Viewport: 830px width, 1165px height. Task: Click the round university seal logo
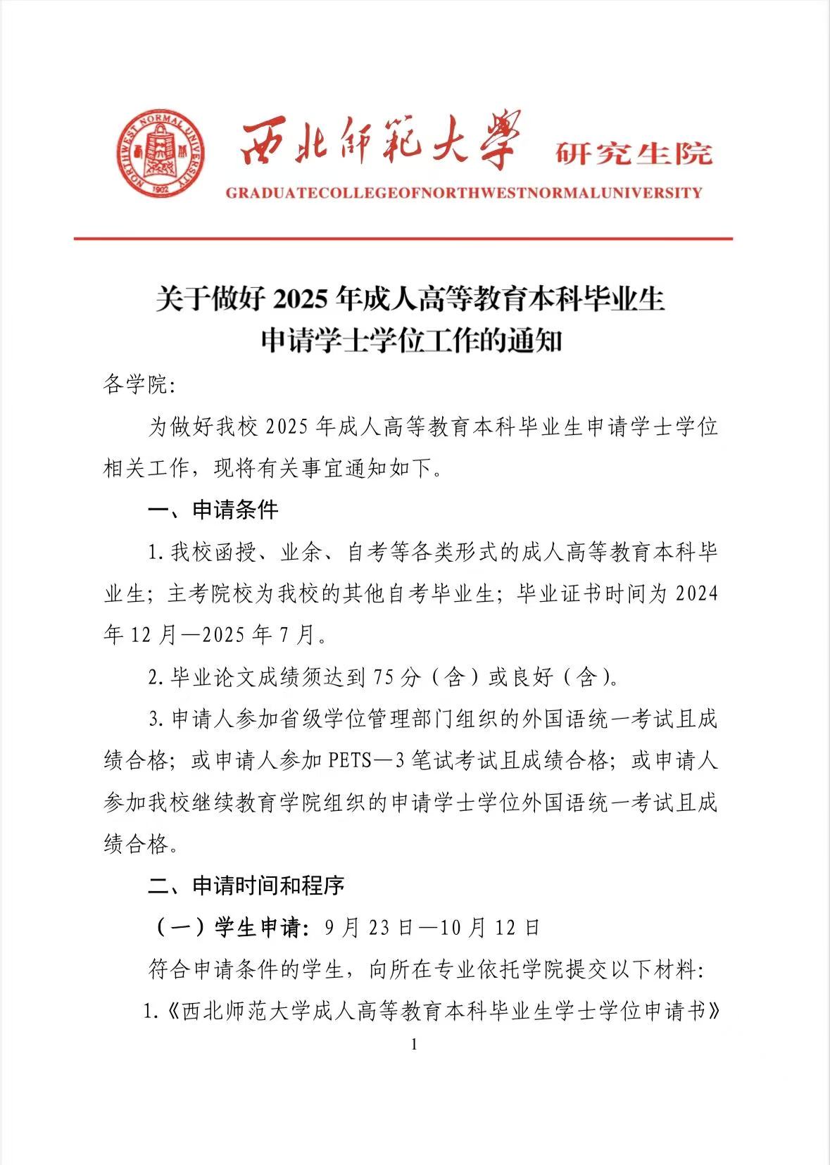161,153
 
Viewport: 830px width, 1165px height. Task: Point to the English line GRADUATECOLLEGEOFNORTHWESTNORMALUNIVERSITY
463,192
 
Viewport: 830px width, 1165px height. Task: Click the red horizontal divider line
403,239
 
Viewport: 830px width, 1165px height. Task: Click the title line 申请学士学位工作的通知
411,341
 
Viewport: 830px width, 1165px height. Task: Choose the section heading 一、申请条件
213,509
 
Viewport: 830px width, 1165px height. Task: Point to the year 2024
696,593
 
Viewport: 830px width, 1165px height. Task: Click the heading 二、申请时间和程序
246,885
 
